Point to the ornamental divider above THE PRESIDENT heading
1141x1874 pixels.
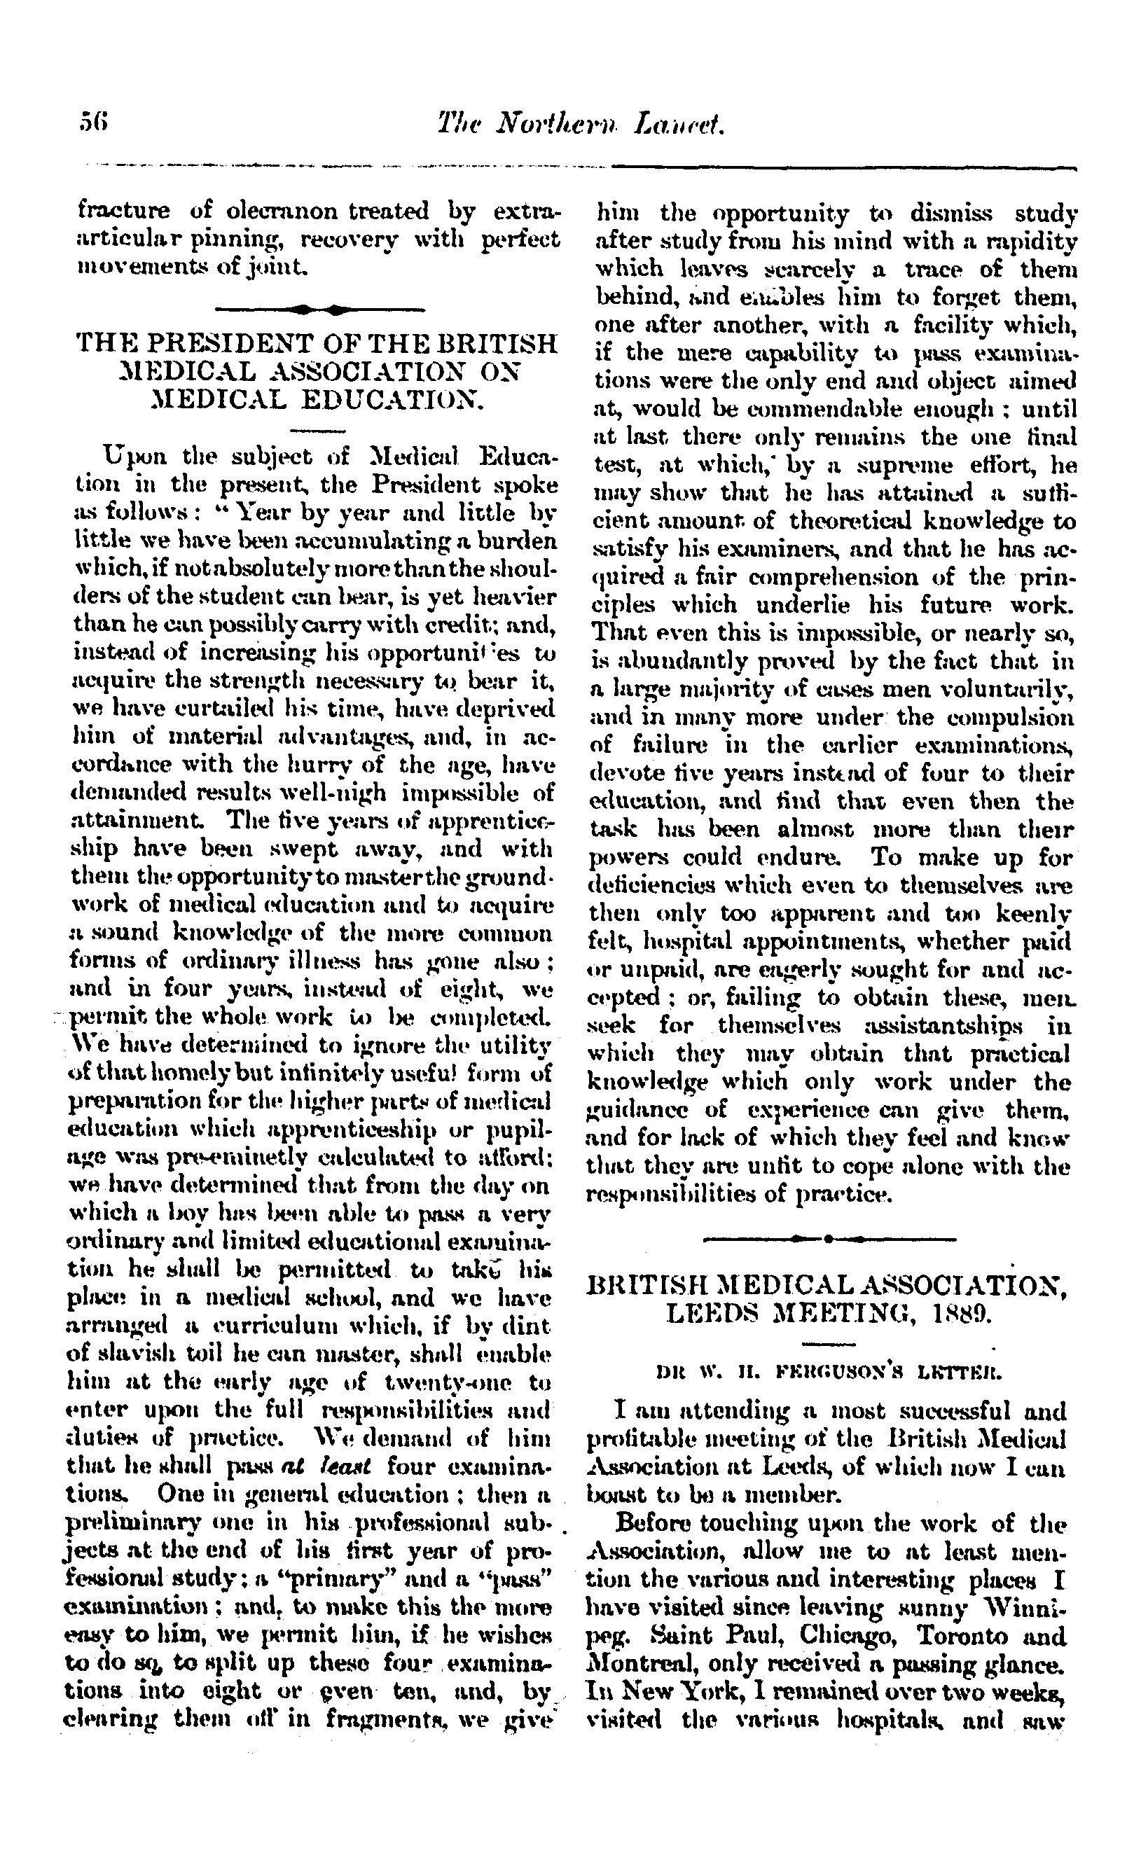[x=319, y=310]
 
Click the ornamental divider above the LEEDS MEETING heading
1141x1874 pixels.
[x=829, y=1238]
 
